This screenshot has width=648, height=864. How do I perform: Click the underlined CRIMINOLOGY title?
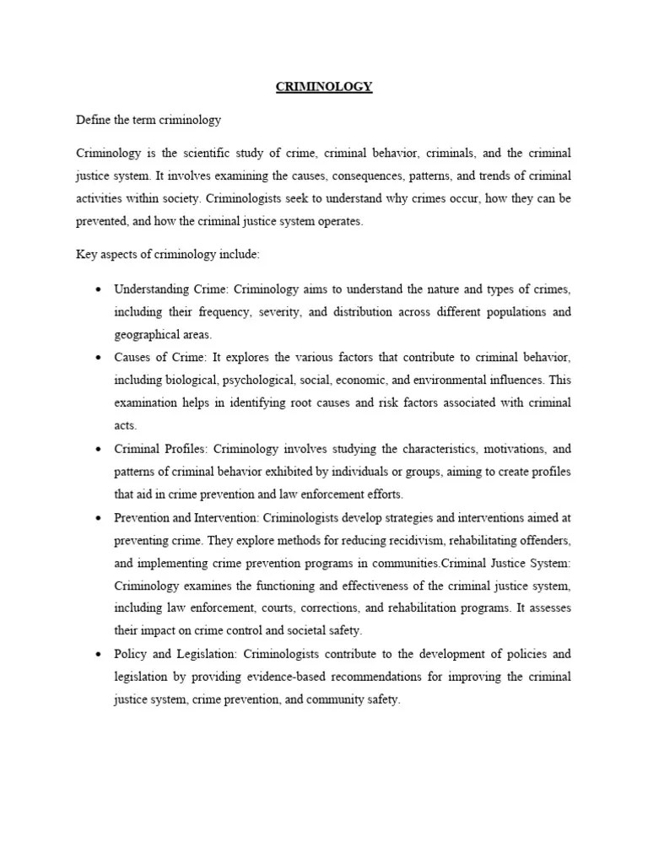(324, 87)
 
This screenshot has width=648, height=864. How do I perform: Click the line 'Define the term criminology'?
(148, 120)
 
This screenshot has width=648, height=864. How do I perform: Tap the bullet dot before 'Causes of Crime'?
(98, 358)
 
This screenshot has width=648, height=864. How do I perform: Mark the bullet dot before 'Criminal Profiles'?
(98, 449)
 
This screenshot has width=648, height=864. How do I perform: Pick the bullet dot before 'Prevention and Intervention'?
(98, 517)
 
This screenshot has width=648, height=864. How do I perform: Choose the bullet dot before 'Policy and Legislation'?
(98, 654)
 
